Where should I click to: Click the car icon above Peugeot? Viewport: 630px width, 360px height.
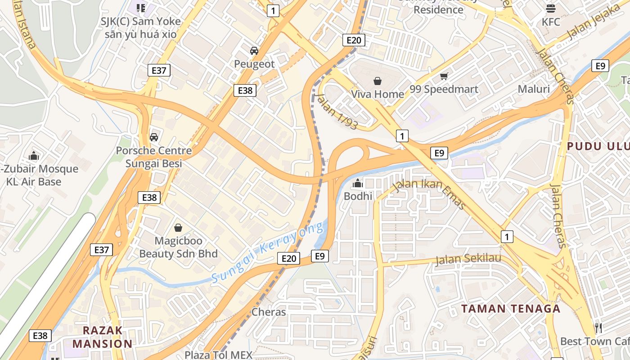click(x=254, y=51)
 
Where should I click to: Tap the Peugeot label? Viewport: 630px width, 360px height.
click(x=254, y=64)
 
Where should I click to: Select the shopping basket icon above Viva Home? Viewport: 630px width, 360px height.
click(x=378, y=81)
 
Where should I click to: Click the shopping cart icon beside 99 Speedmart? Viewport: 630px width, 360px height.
click(x=444, y=76)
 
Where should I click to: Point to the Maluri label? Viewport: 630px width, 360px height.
click(x=534, y=89)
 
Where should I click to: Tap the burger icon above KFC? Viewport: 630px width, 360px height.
click(x=551, y=9)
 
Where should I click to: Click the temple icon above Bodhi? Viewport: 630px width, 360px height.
click(x=358, y=183)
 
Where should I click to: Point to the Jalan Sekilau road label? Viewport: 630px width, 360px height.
click(x=468, y=259)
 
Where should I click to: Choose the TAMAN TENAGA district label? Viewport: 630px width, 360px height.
click(x=511, y=309)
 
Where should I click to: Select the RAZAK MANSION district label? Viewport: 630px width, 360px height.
click(x=103, y=337)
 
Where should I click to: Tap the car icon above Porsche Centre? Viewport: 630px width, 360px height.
click(x=154, y=137)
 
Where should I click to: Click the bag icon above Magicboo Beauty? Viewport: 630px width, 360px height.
click(x=178, y=228)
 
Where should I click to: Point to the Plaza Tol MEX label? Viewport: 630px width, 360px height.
click(x=219, y=355)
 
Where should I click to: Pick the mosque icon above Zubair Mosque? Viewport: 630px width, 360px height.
click(x=34, y=156)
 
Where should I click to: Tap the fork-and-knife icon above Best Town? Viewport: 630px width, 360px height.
click(x=598, y=328)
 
